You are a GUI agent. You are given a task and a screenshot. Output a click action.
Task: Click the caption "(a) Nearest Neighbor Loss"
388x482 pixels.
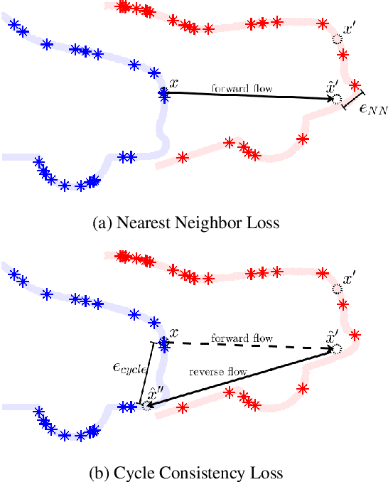186,223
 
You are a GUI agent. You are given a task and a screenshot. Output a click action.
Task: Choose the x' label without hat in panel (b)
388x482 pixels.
350,279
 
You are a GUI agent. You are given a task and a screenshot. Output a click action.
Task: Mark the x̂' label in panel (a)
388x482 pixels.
331,87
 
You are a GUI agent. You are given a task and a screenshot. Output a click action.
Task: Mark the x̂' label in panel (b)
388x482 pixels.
332,336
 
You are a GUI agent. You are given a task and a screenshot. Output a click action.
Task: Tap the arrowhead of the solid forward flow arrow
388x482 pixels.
328,99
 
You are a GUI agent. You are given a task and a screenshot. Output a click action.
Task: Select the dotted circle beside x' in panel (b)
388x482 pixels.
337,289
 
